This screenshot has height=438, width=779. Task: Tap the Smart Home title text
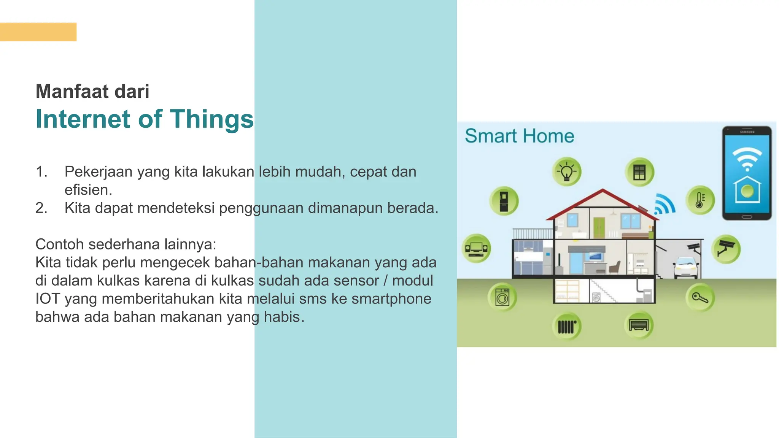(x=519, y=136)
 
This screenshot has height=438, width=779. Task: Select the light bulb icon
(x=567, y=172)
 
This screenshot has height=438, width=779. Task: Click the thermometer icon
(x=700, y=200)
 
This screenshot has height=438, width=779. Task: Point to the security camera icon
(x=726, y=249)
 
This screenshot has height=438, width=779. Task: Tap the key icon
(x=700, y=298)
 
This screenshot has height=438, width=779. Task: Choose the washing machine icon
(x=502, y=297)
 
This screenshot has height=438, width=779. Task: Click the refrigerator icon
(x=504, y=201)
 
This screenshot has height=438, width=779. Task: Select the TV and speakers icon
(x=476, y=248)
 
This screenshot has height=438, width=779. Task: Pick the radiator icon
(x=567, y=326)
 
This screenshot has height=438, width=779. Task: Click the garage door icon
(x=639, y=325)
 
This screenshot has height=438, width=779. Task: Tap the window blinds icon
(x=639, y=172)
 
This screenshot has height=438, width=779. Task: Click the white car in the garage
(x=685, y=267)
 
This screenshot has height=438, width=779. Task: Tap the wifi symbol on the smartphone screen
(x=747, y=159)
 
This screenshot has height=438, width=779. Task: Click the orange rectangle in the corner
(x=38, y=32)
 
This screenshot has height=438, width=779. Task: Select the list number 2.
(x=41, y=208)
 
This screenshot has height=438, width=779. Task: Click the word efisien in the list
(x=88, y=190)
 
